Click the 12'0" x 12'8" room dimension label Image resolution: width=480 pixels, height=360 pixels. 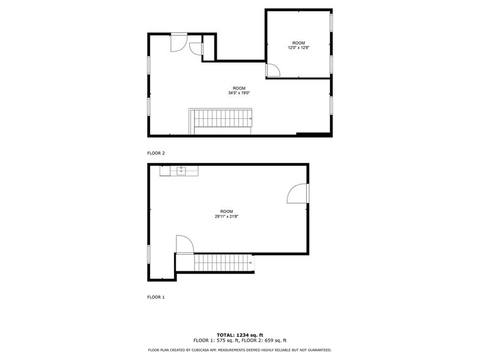coord(299,47)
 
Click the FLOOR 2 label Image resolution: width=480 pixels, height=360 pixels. coord(156,153)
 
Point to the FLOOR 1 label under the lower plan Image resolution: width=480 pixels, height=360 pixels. coord(156,297)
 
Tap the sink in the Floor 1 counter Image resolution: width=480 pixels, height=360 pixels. coord(181,170)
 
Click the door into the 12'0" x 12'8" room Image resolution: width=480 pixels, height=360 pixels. coord(272,70)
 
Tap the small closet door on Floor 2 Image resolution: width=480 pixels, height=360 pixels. coord(196,48)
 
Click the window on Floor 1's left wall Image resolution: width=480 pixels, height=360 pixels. coord(149,253)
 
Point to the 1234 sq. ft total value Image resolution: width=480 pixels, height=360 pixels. coord(250,335)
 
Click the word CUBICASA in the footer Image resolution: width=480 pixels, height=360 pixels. coord(205,350)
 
